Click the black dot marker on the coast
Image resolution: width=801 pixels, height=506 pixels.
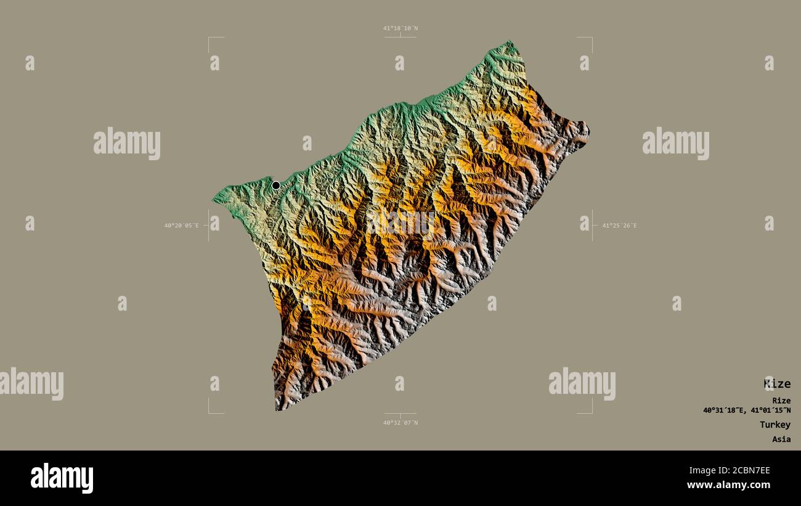click(x=276, y=185)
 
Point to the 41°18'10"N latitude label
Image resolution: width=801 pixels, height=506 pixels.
click(x=400, y=28)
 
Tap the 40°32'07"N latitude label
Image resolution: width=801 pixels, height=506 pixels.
click(x=400, y=423)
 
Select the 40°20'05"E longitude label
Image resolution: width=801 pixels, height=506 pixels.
click(x=181, y=226)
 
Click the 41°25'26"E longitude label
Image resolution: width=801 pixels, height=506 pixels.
click(x=619, y=226)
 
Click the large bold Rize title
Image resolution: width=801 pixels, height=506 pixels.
click(x=777, y=384)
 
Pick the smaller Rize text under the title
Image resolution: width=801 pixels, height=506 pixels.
click(x=781, y=401)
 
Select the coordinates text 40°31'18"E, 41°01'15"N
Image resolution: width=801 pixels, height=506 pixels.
click(x=747, y=410)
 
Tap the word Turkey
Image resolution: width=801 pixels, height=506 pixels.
click(x=775, y=425)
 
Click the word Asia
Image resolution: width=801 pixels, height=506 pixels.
click(x=781, y=439)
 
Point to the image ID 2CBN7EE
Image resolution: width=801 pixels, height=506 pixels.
click(x=746, y=471)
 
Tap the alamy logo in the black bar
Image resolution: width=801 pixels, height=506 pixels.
click(x=62, y=478)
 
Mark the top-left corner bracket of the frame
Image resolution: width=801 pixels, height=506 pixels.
click(x=209, y=38)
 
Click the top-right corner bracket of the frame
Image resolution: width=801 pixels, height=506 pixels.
click(x=592, y=38)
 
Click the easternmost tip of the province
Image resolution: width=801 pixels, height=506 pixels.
click(x=588, y=131)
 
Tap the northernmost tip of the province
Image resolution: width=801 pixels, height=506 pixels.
click(x=510, y=41)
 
